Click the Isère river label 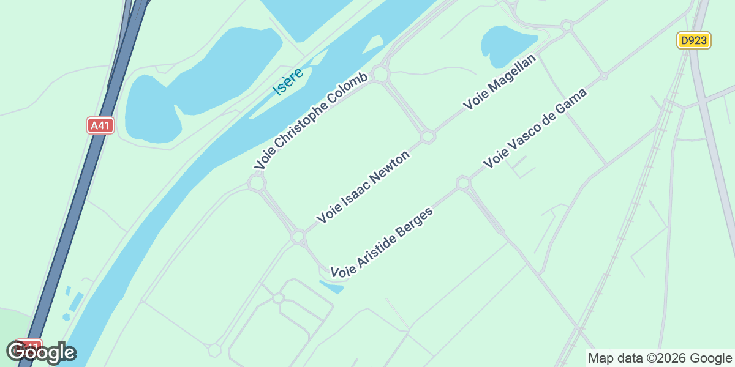[288, 81]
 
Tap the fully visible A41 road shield [100, 125]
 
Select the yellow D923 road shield [694, 41]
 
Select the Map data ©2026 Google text [659, 358]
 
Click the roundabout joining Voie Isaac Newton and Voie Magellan [428, 136]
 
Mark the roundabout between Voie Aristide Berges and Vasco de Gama [464, 182]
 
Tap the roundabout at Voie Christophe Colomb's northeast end [380, 75]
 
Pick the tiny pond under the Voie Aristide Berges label [331, 286]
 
